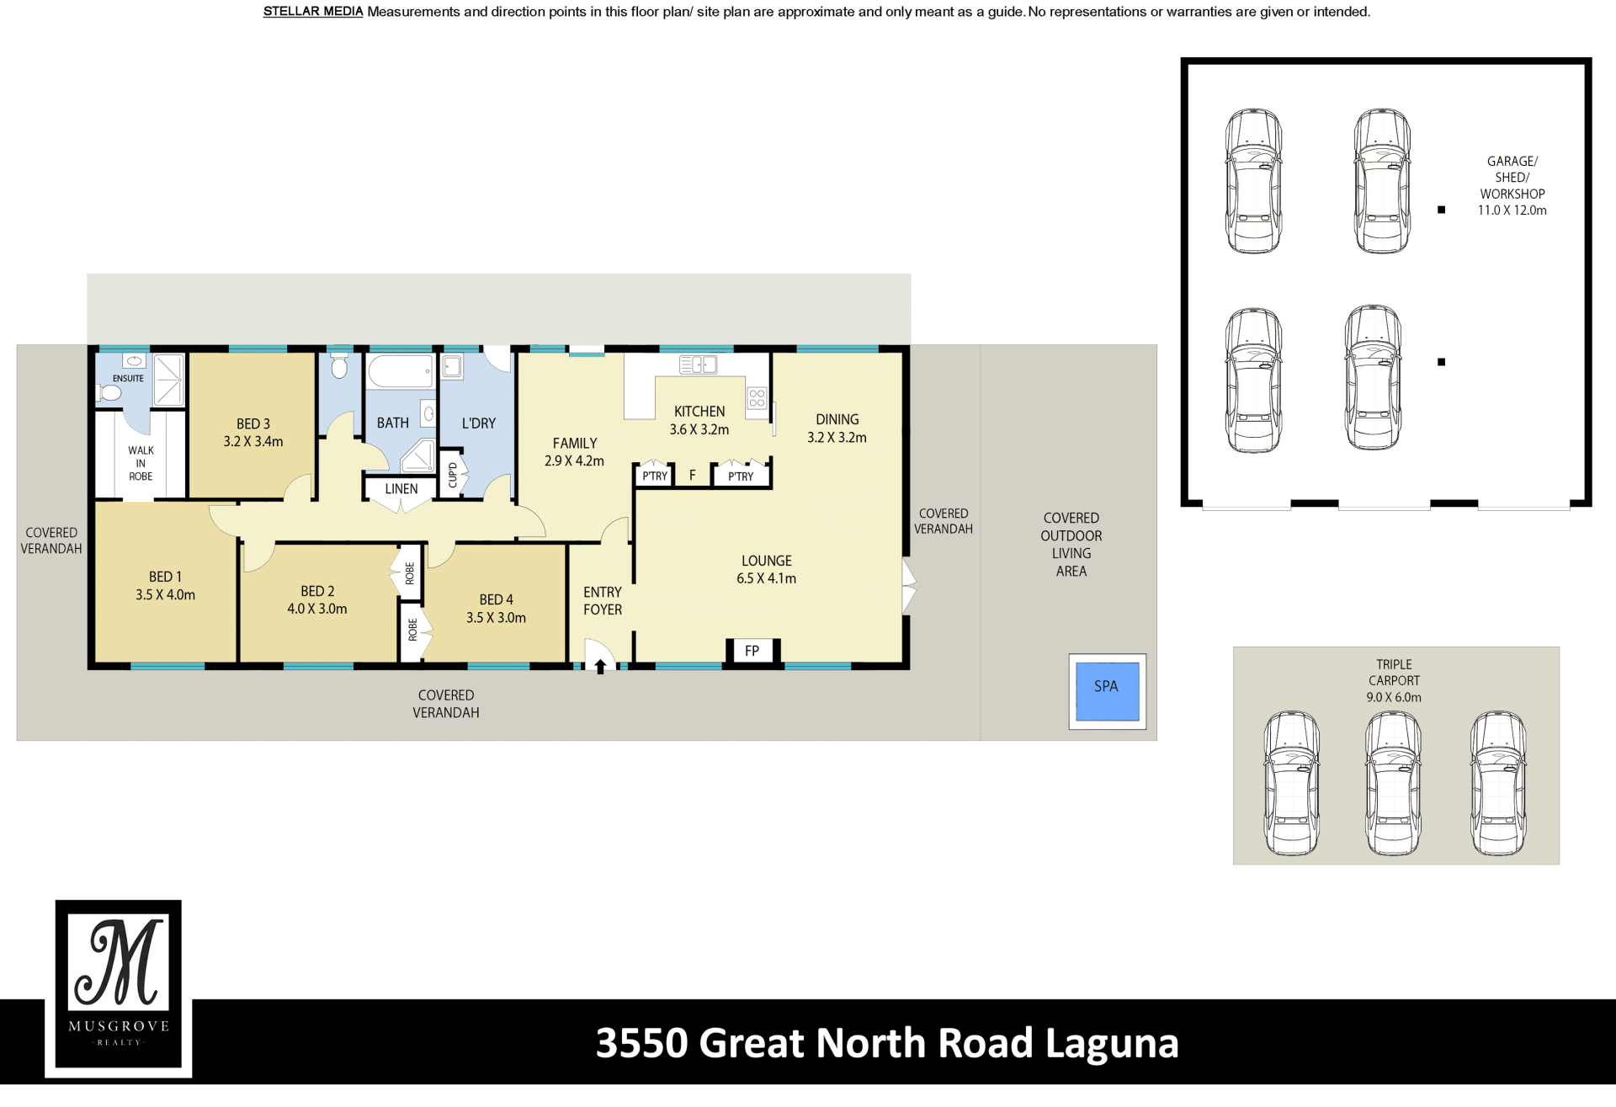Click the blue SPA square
(1107, 691)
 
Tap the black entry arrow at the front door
(600, 667)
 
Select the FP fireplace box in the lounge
(752, 651)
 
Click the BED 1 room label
(165, 577)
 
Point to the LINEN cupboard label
(401, 488)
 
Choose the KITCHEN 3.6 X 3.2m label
(699, 420)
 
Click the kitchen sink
(699, 365)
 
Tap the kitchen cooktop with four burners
(757, 398)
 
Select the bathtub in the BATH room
(400, 371)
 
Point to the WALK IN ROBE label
(141, 463)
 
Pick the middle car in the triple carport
(1393, 783)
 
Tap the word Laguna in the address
(1112, 1045)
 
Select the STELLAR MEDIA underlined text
(313, 12)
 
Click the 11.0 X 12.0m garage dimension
(1512, 210)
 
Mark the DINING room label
(837, 419)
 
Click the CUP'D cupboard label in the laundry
(453, 475)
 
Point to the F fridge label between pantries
(693, 476)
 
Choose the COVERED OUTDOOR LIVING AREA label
(1071, 545)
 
